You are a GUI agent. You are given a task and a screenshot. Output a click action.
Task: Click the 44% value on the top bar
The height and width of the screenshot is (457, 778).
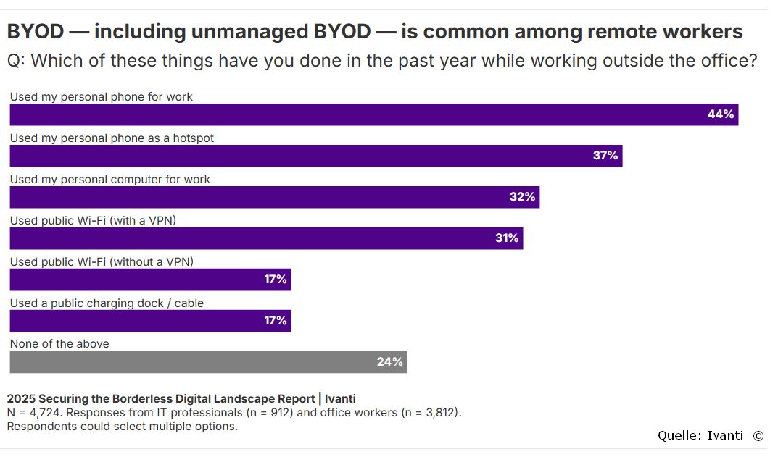coord(721,114)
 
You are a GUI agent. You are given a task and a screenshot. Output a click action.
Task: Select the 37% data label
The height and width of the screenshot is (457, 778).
coord(605,156)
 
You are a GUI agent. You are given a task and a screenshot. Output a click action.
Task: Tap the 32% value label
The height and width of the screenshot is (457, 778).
coord(522,197)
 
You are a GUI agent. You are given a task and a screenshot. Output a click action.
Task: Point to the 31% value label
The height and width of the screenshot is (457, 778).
coord(507,238)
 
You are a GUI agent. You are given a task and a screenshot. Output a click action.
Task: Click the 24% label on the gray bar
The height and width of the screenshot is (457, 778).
coord(389,362)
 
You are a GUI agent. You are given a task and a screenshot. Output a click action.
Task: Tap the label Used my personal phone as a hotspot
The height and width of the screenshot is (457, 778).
coord(112,138)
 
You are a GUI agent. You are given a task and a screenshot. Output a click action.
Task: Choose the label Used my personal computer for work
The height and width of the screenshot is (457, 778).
coord(109,179)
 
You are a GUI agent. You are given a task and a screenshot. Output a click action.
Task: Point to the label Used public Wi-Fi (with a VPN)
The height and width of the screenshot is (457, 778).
coord(93,220)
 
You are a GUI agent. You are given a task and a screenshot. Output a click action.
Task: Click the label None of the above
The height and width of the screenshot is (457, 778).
coord(59,344)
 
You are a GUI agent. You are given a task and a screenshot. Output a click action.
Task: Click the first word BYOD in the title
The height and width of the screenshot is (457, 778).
coord(36,32)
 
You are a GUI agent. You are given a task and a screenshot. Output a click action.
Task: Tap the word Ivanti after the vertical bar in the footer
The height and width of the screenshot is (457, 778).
coord(340,398)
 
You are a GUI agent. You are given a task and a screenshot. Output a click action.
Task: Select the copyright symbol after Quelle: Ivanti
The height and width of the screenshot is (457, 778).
coord(758,435)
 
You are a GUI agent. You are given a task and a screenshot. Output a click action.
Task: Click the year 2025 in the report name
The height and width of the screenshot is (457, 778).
coord(21,398)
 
